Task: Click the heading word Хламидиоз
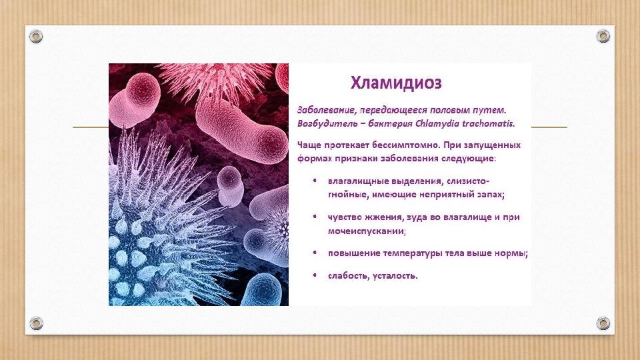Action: point(396,84)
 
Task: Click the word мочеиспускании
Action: point(366,231)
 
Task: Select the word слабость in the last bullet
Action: point(345,275)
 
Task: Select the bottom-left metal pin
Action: point(36,323)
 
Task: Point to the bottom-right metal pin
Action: point(603,323)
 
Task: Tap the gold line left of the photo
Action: point(90,127)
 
